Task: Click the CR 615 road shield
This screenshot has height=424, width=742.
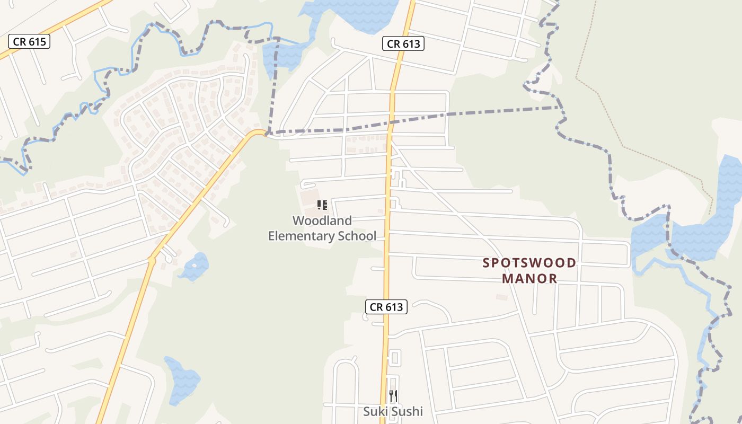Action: click(29, 41)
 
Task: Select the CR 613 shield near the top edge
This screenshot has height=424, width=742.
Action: click(403, 44)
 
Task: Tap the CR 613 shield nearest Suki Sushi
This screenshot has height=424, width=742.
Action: click(386, 306)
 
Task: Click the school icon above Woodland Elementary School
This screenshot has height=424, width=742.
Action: click(322, 205)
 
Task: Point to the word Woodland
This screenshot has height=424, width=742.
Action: click(322, 220)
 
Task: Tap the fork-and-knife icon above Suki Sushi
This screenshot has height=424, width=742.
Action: click(393, 395)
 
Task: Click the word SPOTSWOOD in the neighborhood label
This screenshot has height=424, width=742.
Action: click(529, 263)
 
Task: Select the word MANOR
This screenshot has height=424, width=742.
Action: click(529, 278)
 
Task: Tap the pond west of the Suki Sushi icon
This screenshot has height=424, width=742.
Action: click(182, 377)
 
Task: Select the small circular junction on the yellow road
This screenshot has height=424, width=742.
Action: click(152, 260)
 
